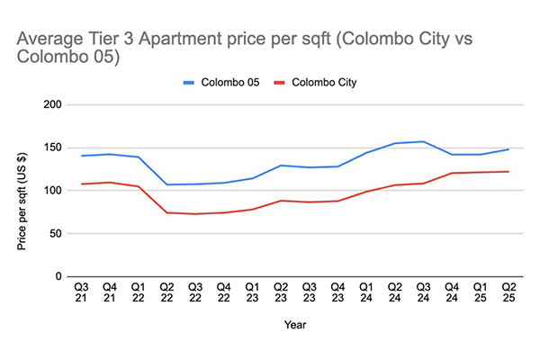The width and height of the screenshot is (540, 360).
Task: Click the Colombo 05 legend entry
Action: coord(221,82)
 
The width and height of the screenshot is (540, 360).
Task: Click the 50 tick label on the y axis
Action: coord(55,233)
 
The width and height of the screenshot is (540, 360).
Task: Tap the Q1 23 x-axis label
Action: coord(255,296)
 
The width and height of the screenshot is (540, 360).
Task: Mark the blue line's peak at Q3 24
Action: coord(422,141)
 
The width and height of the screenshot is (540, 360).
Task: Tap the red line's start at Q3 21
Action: coord(83,184)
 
